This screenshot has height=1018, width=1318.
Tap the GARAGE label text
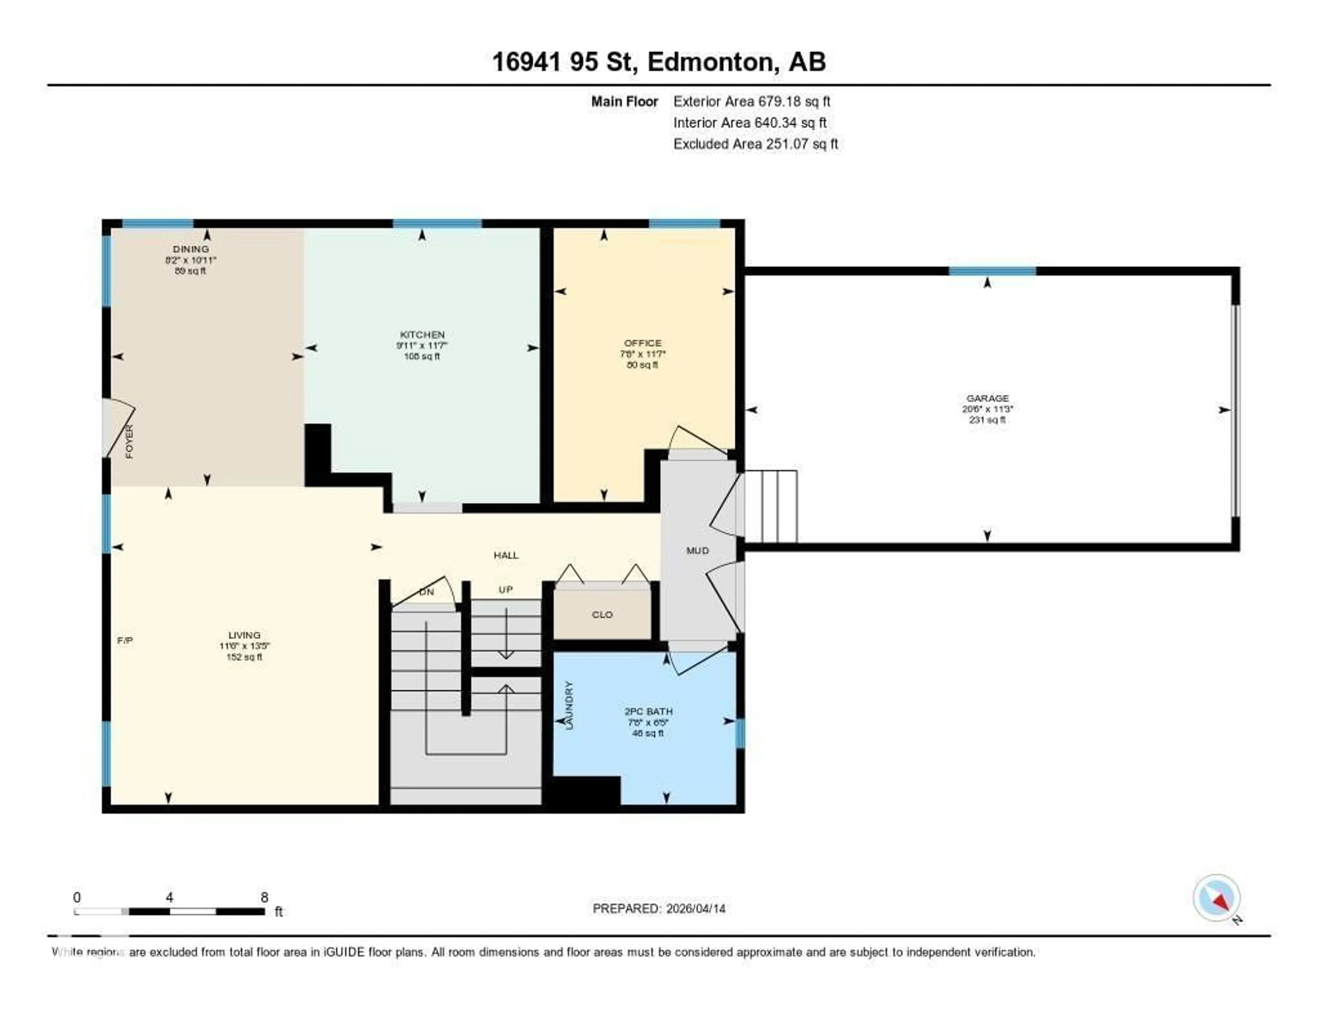[x=987, y=398]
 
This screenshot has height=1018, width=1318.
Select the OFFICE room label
[x=643, y=343]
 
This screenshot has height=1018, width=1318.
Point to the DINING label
[x=191, y=248]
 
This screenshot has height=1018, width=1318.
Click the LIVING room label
[x=244, y=635]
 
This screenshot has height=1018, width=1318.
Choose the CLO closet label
[x=602, y=614]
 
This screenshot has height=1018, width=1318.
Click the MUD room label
[x=698, y=550]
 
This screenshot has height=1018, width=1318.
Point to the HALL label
[x=506, y=555]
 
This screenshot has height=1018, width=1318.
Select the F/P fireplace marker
[x=125, y=640]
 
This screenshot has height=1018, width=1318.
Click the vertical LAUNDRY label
[x=568, y=705]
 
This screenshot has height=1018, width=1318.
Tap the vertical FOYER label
[x=129, y=442]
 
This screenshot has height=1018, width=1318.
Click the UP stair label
[x=506, y=590]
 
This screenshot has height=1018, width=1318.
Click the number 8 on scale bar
[x=264, y=897]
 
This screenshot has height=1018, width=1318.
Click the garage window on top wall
[x=992, y=271]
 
